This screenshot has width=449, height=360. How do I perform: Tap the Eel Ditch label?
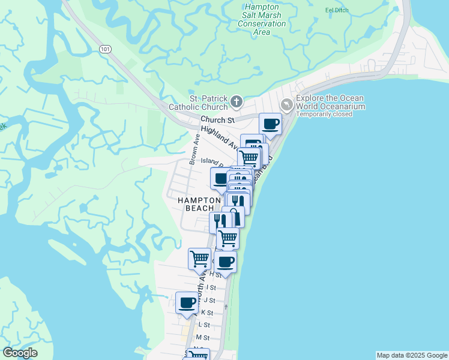pos(337,10)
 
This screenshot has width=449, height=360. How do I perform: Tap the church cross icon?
pos(237,103)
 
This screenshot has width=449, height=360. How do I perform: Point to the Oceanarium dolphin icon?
pos(287,104)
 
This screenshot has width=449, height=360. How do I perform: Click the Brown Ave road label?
pos(194,149)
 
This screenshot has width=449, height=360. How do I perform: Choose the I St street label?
pos(211,287)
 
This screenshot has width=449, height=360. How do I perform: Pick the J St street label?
pos(209,300)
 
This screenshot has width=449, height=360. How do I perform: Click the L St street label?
pos(203,325)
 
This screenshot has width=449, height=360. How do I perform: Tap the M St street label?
pos(202,338)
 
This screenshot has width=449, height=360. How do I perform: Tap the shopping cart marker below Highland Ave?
pos(249,158)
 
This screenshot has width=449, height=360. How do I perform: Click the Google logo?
pos(20,353)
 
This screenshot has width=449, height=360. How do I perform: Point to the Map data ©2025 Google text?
pos(411,355)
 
